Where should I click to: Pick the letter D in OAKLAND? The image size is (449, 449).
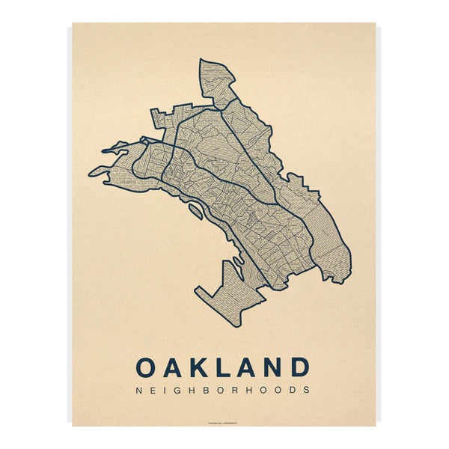pos(299,367)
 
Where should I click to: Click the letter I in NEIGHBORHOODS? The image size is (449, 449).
pos(163,390)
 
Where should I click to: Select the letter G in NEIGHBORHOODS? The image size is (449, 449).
pos(176,390)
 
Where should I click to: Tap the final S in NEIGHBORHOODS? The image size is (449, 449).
pos(307,390)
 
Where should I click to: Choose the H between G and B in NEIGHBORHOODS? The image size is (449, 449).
pos(191,390)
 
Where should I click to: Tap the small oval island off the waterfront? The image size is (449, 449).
pos(195,213)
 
